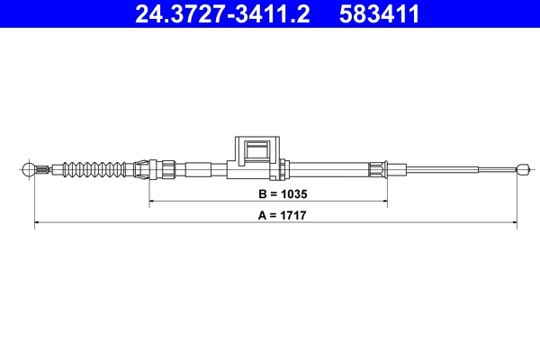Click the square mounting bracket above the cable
[257, 153]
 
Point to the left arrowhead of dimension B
[152, 204]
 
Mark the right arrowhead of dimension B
[384, 204]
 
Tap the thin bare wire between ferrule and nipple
[450, 167]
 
